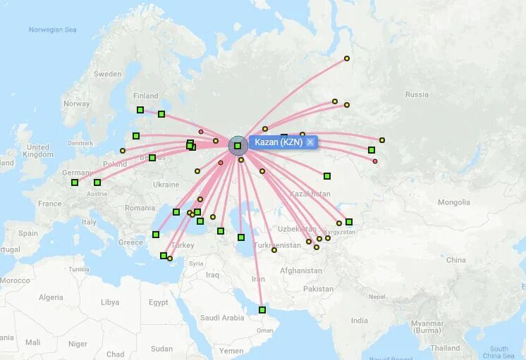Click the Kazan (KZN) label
pyautogui.click(x=278, y=142)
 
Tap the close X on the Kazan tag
pyautogui.click(x=310, y=142)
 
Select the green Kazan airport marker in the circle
pyautogui.click(x=238, y=146)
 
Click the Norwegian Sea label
pyautogui.click(x=52, y=30)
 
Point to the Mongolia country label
pyautogui.click(x=453, y=202)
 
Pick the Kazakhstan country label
pyautogui.click(x=310, y=194)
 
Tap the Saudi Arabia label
pyautogui.click(x=222, y=318)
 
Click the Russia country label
pyautogui.click(x=417, y=94)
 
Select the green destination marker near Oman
pyautogui.click(x=262, y=310)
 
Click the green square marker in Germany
pyautogui.click(x=75, y=182)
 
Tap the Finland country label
pyautogui.click(x=146, y=96)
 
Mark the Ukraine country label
pyautogui.click(x=166, y=185)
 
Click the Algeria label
pyautogui.click(x=51, y=297)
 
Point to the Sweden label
pyautogui.click(x=108, y=74)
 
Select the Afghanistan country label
pyautogui.click(x=300, y=271)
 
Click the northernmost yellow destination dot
pyautogui.click(x=347, y=58)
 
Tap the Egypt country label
pyautogui.click(x=159, y=302)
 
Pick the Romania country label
pyautogui.click(x=140, y=208)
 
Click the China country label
pyautogui.click(x=455, y=260)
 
